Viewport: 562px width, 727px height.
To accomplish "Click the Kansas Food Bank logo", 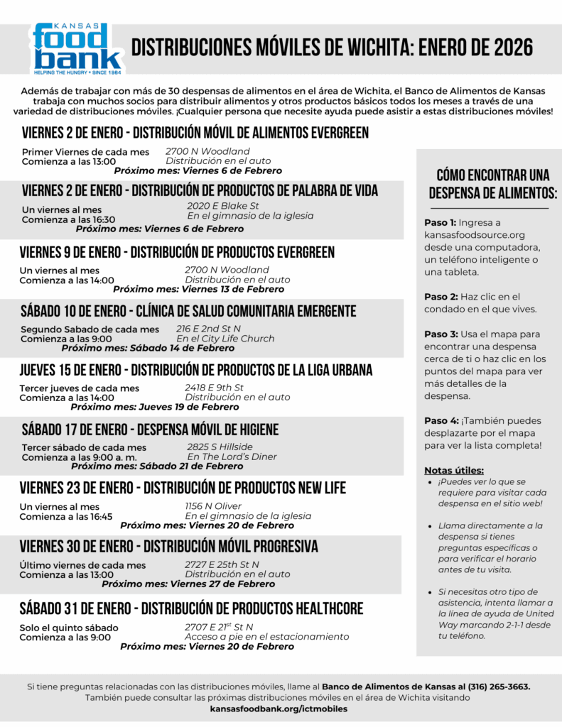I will [77, 49].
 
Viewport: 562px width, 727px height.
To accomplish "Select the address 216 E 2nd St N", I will [208, 329].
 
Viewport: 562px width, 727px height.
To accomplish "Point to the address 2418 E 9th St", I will [214, 388].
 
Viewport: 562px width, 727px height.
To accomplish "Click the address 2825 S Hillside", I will [220, 447].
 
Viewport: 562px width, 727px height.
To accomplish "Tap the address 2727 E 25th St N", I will [222, 564].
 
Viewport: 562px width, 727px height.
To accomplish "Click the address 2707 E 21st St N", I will [219, 627].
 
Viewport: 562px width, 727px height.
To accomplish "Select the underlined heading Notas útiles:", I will [454, 470].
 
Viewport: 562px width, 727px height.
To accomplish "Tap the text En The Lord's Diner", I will [232, 457].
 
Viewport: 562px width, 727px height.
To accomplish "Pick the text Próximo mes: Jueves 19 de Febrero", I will [155, 407].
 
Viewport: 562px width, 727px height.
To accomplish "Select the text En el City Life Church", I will [225, 339].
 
